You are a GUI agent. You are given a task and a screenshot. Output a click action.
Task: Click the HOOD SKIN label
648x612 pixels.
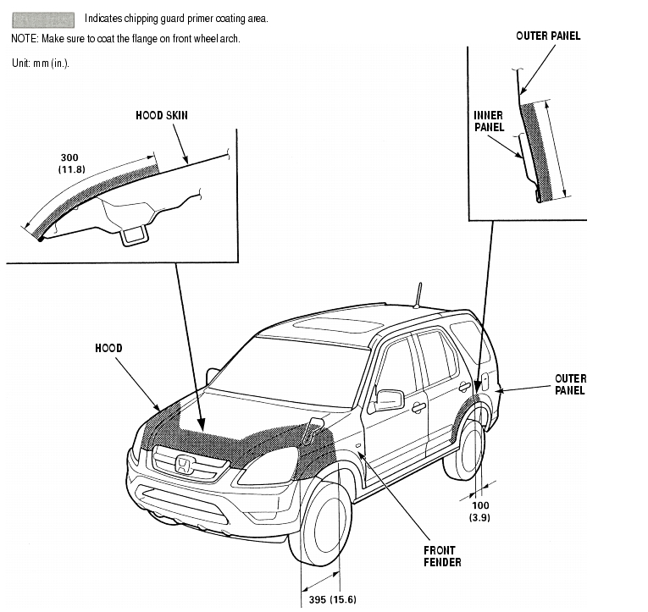click(x=161, y=115)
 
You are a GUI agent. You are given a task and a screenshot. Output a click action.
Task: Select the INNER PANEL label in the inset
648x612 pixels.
click(x=488, y=121)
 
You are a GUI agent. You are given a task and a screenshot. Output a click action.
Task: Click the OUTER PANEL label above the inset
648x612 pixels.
click(x=548, y=36)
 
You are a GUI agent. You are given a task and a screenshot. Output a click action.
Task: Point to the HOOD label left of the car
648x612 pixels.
click(x=108, y=348)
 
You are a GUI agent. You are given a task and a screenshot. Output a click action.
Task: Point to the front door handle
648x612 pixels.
click(x=418, y=408)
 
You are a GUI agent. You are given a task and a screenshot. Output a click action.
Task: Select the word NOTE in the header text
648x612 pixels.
click(x=25, y=40)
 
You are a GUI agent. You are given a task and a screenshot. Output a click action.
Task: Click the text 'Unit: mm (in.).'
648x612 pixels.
click(x=40, y=63)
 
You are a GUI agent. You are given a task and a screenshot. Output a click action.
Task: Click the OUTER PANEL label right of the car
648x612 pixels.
click(x=569, y=384)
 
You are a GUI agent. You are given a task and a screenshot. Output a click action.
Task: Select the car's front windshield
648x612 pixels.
click(x=288, y=368)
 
